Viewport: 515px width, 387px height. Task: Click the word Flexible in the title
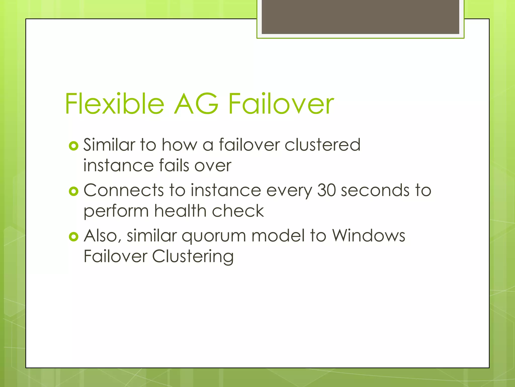(115, 104)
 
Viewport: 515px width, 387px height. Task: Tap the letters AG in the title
(196, 104)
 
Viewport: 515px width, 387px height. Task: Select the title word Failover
(281, 104)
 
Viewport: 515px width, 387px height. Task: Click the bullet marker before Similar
(73, 146)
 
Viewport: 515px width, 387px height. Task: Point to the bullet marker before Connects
(73, 191)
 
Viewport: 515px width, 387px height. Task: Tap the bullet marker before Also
(73, 237)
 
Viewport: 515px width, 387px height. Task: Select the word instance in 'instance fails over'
(118, 166)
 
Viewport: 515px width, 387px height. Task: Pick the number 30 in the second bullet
(326, 190)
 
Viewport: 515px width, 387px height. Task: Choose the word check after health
(238, 211)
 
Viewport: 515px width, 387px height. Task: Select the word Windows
(368, 236)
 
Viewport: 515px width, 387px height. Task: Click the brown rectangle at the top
(360, 17)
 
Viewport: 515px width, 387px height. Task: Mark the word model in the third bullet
(278, 236)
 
